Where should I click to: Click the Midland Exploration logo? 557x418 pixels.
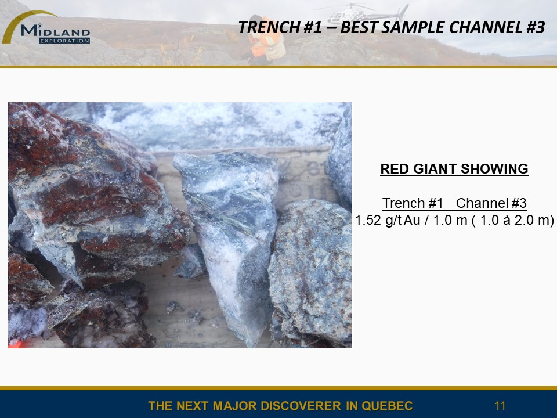click(46, 28)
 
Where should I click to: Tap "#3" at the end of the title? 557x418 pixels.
click(534, 27)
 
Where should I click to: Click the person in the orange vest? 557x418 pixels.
click(266, 39)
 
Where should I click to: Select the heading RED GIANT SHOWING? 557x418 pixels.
click(454, 169)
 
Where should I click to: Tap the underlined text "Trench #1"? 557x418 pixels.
click(413, 203)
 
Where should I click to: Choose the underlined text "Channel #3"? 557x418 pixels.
click(491, 203)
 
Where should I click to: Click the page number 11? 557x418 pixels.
click(500, 406)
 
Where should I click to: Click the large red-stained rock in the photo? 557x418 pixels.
click(92, 192)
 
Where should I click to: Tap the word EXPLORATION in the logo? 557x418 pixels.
click(64, 41)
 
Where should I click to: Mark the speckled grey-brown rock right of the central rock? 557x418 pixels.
click(310, 272)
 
